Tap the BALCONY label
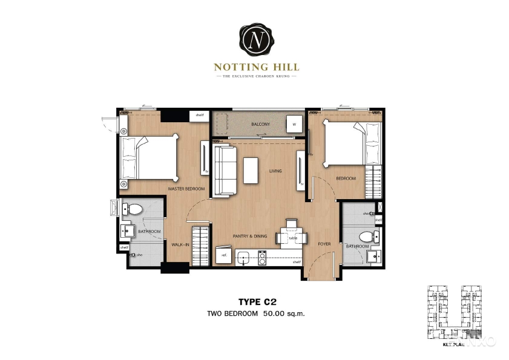[260, 125]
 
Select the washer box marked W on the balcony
[294, 124]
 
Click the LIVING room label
[275, 171]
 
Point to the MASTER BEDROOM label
[186, 189]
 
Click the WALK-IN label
[180, 244]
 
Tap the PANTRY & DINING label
[249, 236]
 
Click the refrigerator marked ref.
[223, 255]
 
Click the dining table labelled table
[291, 237]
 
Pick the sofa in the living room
[225, 171]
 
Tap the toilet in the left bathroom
[134, 210]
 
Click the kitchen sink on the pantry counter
[244, 257]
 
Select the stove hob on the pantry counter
[262, 257]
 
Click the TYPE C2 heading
[255, 301]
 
